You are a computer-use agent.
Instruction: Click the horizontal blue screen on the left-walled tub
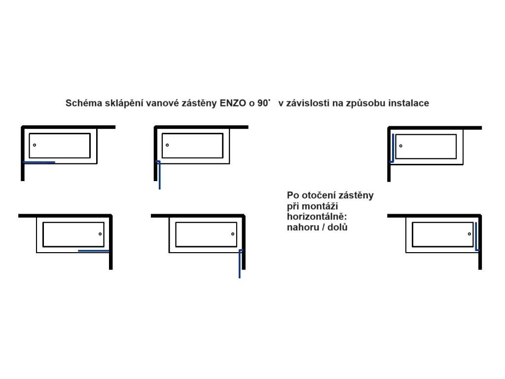point(39,162)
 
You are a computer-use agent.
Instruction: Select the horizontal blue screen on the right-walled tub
point(94,251)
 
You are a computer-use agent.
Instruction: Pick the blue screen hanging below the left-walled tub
point(159,175)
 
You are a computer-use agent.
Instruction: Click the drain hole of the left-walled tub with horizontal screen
point(35,145)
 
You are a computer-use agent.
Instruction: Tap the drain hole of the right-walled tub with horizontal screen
point(100,234)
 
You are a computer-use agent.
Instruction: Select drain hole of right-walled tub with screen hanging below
point(233,234)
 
